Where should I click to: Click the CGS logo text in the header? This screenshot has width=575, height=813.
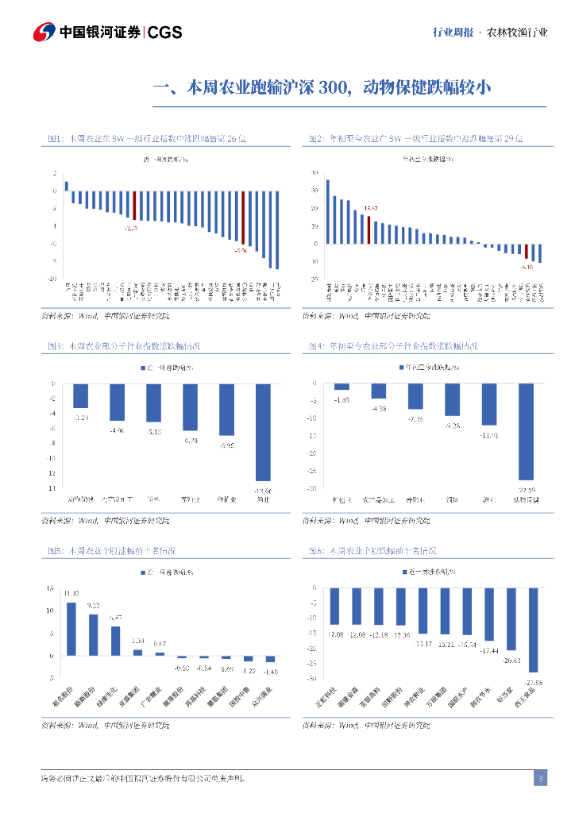165,33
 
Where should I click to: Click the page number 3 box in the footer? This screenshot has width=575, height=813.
540,778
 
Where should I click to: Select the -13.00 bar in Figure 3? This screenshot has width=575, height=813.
263,432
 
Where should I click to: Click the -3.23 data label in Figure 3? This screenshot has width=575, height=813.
81,417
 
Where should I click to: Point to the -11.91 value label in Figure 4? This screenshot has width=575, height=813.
489,435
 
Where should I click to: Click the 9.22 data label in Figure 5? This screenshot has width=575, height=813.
93,606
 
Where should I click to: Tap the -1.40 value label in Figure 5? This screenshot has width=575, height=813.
270,672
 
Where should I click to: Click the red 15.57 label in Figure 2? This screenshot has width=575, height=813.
370,209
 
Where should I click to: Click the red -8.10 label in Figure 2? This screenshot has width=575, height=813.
526,268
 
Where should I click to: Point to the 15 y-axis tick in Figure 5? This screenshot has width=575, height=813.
50,588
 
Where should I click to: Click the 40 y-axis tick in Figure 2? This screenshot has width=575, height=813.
315,173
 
